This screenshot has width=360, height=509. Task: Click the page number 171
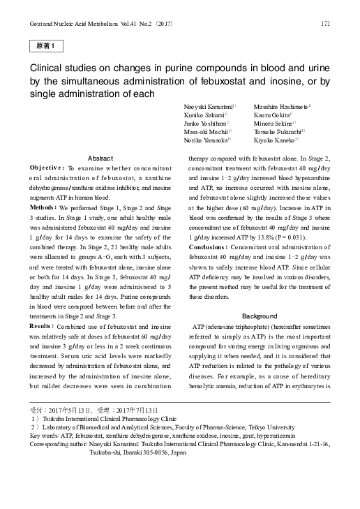click(325, 24)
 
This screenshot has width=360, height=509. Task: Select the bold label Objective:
click(47, 168)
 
